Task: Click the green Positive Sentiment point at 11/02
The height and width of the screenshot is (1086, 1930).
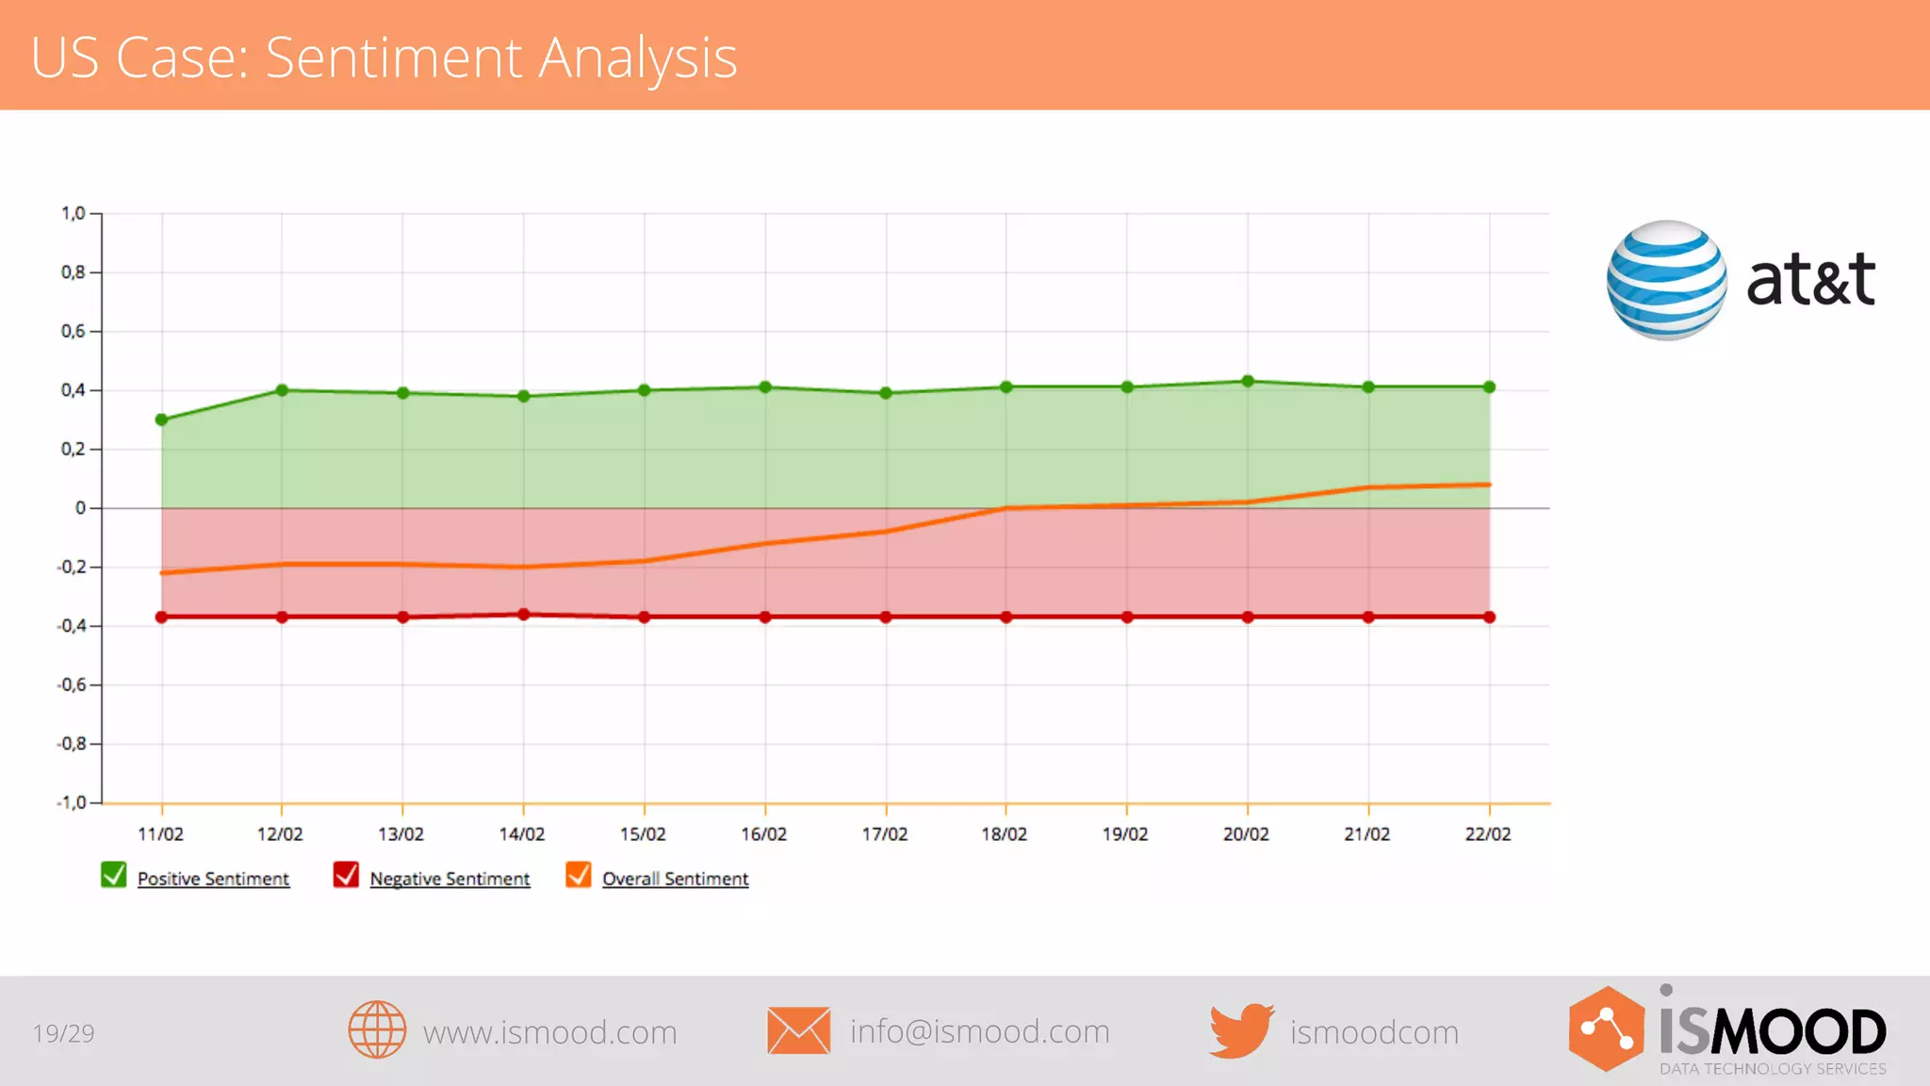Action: coord(161,420)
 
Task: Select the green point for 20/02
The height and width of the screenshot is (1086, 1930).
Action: coord(1248,382)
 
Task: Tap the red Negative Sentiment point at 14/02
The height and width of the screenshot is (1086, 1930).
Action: coord(524,615)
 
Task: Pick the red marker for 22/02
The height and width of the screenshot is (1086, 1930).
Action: coord(1489,617)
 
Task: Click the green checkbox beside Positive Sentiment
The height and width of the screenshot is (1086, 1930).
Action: coord(114,876)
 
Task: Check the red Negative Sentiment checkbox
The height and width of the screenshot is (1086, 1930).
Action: coord(346,876)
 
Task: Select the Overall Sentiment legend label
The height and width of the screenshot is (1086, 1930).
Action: coord(675,879)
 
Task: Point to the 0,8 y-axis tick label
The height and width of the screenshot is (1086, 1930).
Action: coord(74,272)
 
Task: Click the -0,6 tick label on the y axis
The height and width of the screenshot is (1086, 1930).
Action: coord(72,685)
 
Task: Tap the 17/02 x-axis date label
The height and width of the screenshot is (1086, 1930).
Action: coord(884,834)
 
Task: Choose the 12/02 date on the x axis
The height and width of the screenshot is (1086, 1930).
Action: coord(280,834)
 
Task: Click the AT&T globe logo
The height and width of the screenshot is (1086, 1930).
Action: coord(1666,280)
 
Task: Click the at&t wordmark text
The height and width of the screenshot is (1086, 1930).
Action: coord(1810,280)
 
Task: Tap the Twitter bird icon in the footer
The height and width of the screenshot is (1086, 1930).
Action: coord(1241,1031)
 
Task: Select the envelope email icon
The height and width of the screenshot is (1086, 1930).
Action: coord(798,1030)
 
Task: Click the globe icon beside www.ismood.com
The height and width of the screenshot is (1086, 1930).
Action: coord(377,1029)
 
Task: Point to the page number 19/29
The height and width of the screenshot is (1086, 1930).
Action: coord(64,1033)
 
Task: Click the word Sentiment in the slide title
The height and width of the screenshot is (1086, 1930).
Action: coord(393,58)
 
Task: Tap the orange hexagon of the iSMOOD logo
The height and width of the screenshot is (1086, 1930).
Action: coord(1606,1028)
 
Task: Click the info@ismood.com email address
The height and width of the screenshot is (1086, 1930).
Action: coord(979,1031)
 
